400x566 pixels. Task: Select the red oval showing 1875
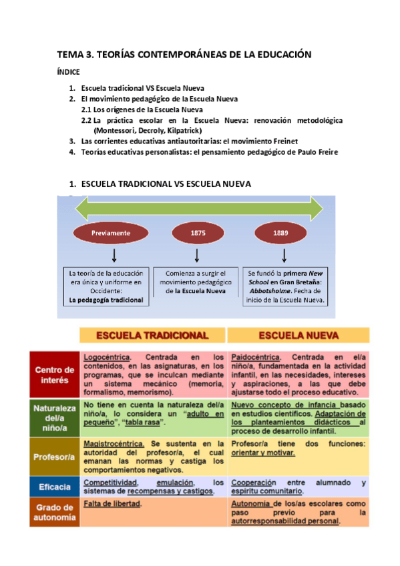coord(197,233)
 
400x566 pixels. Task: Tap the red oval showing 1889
coord(281,233)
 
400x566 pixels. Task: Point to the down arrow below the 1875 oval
coord(197,255)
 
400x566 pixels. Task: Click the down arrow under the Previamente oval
coord(114,255)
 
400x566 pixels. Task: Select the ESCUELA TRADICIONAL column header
coord(153,335)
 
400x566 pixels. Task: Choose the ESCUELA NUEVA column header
coord(298,335)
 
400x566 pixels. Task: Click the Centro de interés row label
coord(54,375)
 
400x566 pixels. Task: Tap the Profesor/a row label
coord(54,457)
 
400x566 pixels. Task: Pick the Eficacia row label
coord(54,487)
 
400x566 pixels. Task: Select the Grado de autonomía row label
coord(54,513)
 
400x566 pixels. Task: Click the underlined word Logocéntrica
coord(107,357)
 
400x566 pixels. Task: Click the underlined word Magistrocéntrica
coord(114,444)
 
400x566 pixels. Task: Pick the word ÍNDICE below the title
coord(68,72)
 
